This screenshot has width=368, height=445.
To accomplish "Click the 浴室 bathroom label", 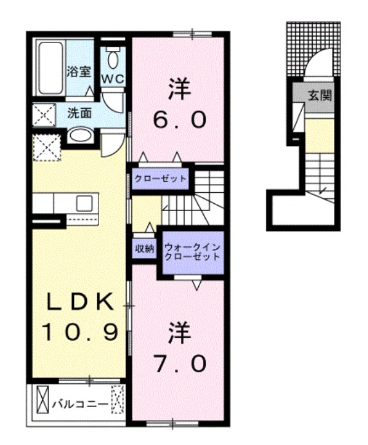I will point(79,71).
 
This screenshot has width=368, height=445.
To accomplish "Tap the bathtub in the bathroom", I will point(50,68).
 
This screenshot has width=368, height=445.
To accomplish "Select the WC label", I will point(114,78).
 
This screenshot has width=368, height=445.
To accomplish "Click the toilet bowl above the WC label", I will point(114,60).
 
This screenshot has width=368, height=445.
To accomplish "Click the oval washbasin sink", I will point(80,136).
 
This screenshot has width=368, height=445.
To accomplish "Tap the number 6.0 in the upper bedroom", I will point(179,119).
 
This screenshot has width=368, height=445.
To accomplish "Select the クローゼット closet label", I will point(161,178).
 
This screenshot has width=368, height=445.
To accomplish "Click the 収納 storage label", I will point(144,249).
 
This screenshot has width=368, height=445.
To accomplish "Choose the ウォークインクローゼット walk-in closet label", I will point(192,251).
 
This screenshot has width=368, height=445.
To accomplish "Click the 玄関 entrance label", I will point(319,97).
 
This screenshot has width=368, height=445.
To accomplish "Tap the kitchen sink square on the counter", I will point(85,203).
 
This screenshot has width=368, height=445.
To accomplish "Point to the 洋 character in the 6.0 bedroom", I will point(179,89).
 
